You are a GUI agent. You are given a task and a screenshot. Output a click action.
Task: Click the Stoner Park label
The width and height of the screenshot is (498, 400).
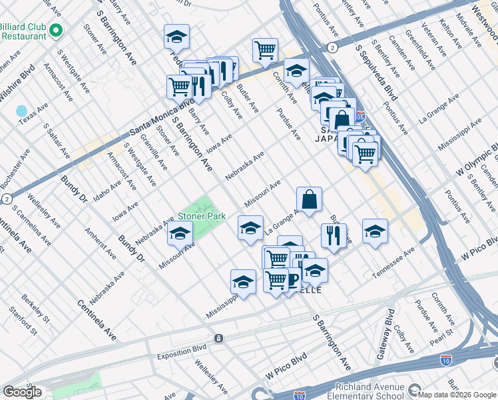point(202,217)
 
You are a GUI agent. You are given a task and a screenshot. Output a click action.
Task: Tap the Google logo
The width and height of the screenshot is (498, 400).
point(23,392)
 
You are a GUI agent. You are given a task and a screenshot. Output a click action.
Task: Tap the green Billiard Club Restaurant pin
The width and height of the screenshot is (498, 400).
point(56,31)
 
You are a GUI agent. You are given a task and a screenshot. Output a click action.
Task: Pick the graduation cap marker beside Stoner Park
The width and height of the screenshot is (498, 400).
point(179,233)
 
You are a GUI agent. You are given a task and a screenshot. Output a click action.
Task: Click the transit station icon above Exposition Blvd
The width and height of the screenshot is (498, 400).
point(218,339)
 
